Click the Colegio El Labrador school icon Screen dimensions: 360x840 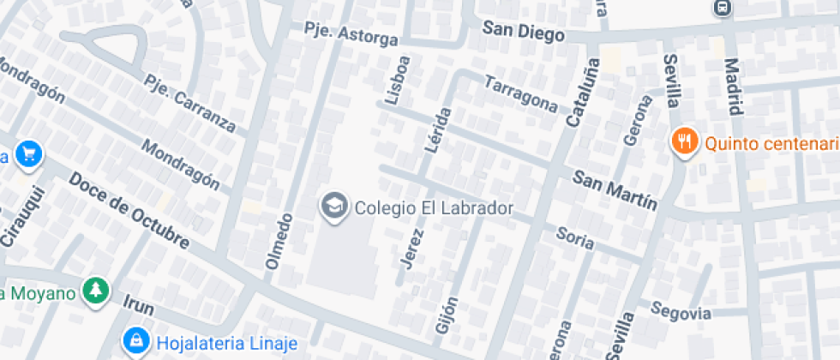coord(333,206)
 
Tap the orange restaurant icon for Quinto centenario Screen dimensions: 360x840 coord(684,141)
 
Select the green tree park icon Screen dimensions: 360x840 coord(95,291)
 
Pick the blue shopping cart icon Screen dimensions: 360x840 coord(31,155)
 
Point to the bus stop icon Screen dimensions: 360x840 coord(723,8)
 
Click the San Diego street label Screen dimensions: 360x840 coord(523,32)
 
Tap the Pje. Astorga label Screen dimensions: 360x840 coord(351,33)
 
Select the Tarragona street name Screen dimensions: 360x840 coord(521,93)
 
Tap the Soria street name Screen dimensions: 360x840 coord(574,237)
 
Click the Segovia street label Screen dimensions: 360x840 coord(681,311)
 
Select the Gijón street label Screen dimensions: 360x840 coord(447,315)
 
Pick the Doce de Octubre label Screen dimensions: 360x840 coord(129,211)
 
